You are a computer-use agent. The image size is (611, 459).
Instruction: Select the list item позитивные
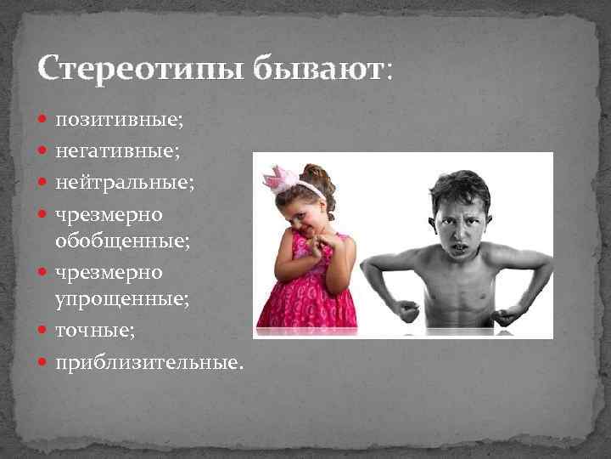tap(118, 121)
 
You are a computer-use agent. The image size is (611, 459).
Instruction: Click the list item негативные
tap(118, 151)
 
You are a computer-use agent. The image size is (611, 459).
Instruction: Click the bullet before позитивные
tap(44, 122)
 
